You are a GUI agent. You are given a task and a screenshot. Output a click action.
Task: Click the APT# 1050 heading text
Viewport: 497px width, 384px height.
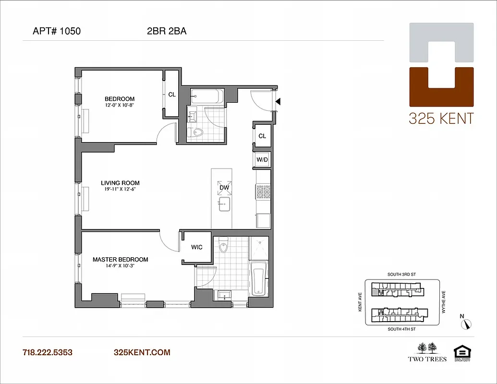(x=57, y=32)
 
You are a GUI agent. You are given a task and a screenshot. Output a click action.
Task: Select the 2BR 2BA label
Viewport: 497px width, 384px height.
(x=167, y=32)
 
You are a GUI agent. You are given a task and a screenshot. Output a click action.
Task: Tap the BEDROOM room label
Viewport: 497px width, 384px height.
(x=120, y=99)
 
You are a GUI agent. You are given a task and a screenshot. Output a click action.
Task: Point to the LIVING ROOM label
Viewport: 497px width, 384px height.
(x=120, y=183)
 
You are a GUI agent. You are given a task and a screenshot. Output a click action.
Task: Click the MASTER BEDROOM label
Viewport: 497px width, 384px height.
(x=120, y=260)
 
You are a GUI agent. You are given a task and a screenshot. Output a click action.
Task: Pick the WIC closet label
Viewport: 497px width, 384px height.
(x=196, y=248)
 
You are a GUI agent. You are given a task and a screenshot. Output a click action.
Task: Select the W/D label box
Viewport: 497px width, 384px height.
(x=262, y=159)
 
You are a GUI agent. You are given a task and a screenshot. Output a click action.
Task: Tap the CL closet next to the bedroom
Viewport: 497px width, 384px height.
(x=171, y=95)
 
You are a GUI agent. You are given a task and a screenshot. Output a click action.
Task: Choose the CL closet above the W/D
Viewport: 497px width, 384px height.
(x=262, y=136)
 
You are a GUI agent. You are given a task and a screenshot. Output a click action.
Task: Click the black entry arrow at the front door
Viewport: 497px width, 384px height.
(x=278, y=101)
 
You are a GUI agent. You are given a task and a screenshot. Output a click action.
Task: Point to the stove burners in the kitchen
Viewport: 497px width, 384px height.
(x=263, y=192)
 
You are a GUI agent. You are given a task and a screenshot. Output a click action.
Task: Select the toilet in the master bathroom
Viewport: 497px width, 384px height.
(x=223, y=247)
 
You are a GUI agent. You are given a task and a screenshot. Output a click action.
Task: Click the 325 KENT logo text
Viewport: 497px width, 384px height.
(x=441, y=118)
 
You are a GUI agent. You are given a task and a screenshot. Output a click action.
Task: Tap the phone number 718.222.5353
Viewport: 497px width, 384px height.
(x=48, y=353)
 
